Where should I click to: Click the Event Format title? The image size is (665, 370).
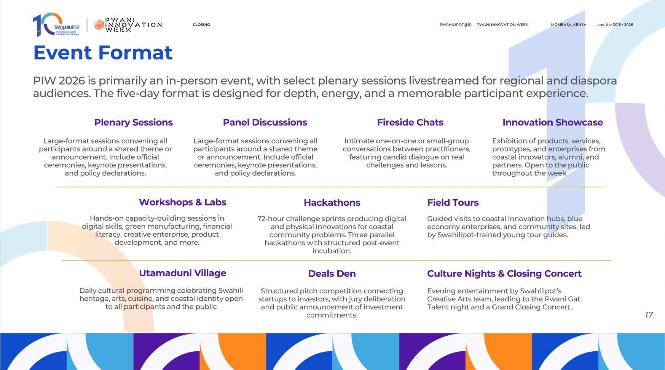click(103, 53)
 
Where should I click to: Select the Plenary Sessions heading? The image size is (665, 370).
click(133, 122)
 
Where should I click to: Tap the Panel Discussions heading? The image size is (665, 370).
click(265, 122)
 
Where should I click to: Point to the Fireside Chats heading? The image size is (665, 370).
click(410, 122)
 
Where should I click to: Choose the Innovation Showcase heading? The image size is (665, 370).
click(553, 122)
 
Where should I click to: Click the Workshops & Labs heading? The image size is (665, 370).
click(183, 202)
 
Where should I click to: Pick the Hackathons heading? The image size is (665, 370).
click(332, 203)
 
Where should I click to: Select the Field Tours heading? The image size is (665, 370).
click(453, 203)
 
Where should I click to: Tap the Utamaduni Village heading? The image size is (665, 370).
click(183, 273)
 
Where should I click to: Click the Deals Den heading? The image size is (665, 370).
click(332, 274)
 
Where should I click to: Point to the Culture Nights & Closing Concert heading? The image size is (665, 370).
click(504, 274)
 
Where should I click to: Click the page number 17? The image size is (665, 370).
click(649, 315)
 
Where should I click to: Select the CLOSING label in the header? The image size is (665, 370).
click(201, 25)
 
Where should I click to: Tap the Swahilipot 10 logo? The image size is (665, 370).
click(56, 25)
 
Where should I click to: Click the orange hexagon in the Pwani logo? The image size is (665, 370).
click(99, 25)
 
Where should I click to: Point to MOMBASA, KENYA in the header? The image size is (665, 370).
click(569, 25)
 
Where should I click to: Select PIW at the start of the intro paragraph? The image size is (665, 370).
click(45, 81)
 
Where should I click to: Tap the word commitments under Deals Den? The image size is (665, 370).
click(332, 315)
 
